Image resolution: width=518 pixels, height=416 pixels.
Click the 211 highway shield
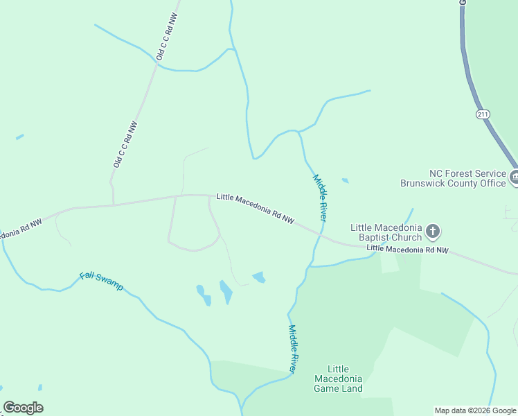[x=483, y=114]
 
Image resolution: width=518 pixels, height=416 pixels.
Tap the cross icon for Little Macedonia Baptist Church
[x=433, y=231]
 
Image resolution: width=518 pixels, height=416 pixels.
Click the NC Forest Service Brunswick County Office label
[x=453, y=178]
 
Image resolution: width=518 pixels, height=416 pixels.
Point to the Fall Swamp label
[x=101, y=280]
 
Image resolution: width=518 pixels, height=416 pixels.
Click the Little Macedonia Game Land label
[x=338, y=379]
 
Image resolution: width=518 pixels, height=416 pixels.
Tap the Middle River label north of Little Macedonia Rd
[x=319, y=198]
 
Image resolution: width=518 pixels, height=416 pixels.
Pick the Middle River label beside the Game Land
[x=293, y=349]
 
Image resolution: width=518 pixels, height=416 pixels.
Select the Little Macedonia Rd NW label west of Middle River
[x=255, y=208]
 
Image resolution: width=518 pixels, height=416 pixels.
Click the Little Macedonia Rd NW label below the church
[x=407, y=248]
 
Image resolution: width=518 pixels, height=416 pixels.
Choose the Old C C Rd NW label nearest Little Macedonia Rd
[x=125, y=144]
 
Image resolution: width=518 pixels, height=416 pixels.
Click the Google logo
[x=24, y=408]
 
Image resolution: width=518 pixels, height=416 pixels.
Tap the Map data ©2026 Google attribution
[x=475, y=410]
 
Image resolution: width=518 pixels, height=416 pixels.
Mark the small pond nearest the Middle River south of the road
[x=259, y=277]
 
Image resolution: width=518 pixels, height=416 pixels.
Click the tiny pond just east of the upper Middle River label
[x=345, y=181]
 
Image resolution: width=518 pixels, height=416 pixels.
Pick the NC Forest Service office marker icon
[x=515, y=177]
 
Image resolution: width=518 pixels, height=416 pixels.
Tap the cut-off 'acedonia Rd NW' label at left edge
[x=21, y=229]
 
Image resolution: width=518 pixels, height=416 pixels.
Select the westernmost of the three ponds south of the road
[x=202, y=295]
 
